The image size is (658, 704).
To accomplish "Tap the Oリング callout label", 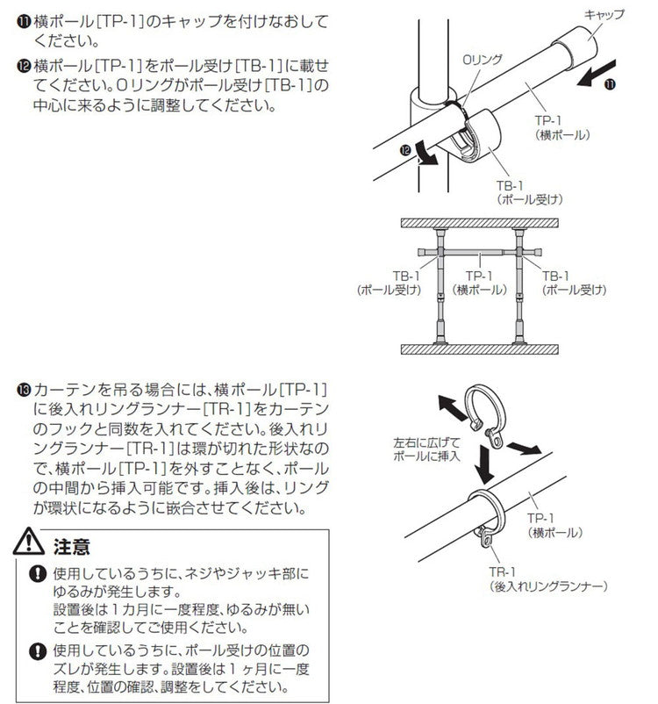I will click(482, 60).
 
